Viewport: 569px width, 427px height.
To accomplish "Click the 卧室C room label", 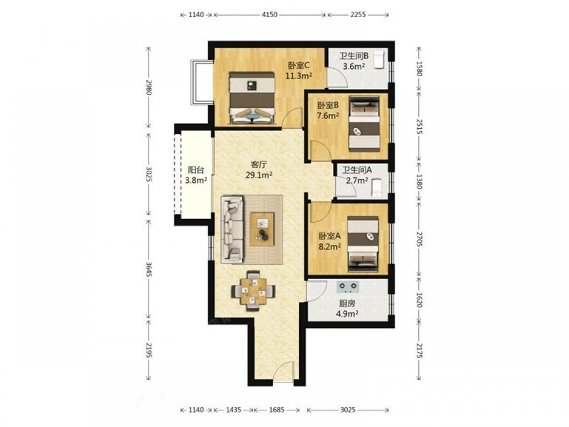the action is click(x=298, y=65).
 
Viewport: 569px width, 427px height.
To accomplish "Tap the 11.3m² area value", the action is click(x=299, y=76).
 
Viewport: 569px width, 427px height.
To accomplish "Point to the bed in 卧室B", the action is click(x=364, y=124).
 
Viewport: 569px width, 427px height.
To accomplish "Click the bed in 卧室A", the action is click(x=363, y=244).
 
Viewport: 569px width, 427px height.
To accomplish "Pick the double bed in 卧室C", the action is click(x=251, y=98).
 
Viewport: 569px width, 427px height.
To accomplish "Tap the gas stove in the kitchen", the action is click(x=348, y=287).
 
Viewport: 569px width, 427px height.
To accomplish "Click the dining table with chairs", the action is click(x=253, y=290).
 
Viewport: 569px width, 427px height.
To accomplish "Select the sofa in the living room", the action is click(x=232, y=229).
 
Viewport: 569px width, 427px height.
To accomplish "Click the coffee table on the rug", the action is click(x=262, y=229).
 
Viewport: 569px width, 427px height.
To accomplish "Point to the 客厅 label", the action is click(x=259, y=165).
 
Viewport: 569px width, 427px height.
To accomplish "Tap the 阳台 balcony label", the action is click(x=196, y=170).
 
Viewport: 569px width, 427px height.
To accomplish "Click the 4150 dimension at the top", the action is click(x=270, y=15).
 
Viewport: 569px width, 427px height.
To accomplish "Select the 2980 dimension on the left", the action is click(x=149, y=88).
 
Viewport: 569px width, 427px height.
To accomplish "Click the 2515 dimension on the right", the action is click(x=419, y=126).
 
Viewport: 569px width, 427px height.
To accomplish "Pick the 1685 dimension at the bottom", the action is click(x=277, y=410).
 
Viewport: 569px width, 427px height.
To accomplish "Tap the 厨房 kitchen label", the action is click(x=347, y=303).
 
